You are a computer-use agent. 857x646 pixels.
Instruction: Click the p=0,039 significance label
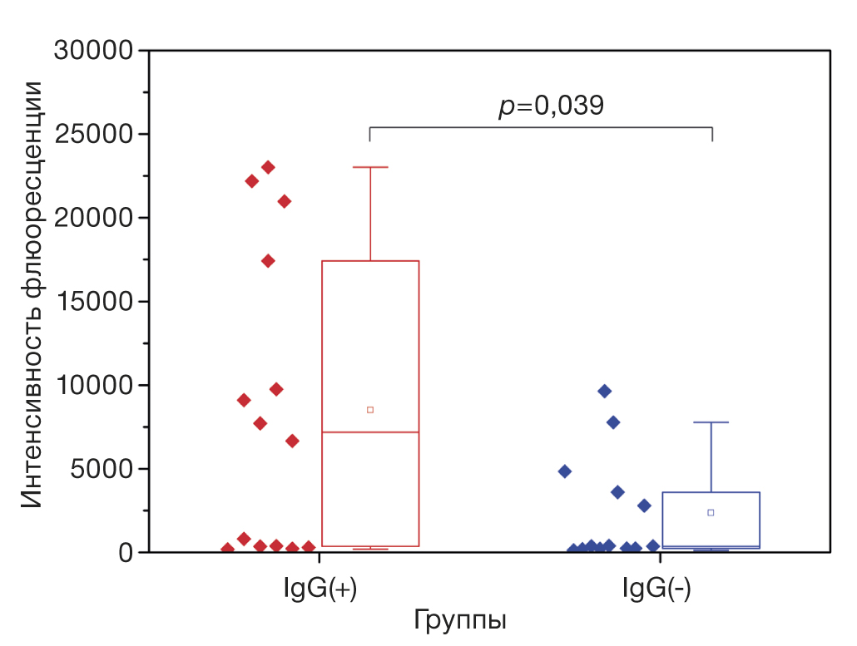(550, 106)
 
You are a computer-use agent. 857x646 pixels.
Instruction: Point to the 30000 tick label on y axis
(94, 51)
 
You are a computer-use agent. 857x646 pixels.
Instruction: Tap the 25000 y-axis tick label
(94, 134)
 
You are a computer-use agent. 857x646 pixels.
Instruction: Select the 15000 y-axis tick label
(94, 302)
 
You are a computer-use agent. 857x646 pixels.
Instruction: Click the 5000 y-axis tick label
(102, 469)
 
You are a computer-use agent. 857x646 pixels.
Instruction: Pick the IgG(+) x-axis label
(320, 589)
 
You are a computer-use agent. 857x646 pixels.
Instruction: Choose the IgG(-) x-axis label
(657, 589)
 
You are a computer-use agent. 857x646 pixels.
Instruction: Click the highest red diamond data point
(268, 167)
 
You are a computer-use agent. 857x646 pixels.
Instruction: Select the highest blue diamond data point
(605, 391)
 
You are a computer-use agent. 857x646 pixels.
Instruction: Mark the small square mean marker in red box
(370, 410)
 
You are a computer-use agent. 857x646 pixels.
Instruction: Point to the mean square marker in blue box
(711, 512)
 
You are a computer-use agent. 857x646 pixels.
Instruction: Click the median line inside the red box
(370, 432)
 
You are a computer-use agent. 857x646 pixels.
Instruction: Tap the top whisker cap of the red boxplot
(370, 167)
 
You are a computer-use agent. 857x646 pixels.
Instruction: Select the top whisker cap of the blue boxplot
(711, 422)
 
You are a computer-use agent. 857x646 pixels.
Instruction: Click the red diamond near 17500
(268, 260)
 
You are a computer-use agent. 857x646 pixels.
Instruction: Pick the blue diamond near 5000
(564, 471)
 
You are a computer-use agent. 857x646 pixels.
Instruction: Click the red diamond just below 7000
(292, 441)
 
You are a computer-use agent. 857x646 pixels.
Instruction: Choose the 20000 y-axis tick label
(94, 218)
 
